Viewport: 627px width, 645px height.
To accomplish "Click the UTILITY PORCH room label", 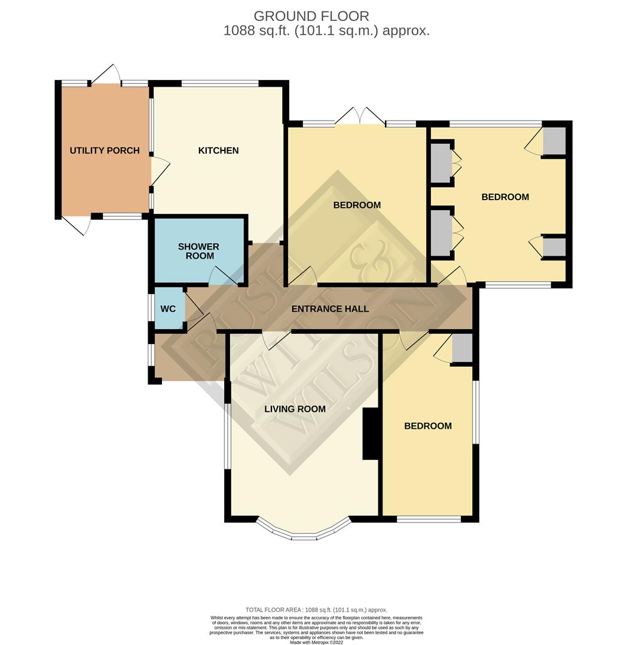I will [x=105, y=150].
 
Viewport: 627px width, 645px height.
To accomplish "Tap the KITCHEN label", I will [x=218, y=150].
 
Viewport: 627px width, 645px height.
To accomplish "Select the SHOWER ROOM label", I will [x=199, y=251].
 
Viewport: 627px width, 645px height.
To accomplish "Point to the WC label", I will [x=169, y=309].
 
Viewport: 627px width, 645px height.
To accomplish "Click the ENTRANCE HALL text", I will [x=330, y=309].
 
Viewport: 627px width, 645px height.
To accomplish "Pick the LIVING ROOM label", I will [x=295, y=409].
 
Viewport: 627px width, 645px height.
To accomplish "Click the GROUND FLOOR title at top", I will [x=311, y=16].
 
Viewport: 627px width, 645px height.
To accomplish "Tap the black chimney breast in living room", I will [x=371, y=434].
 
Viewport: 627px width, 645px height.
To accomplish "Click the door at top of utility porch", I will [x=105, y=75].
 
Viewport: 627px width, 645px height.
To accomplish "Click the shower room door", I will [x=222, y=276].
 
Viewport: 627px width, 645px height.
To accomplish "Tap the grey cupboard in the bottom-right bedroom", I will [x=462, y=348].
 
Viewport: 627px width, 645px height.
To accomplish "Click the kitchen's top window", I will [x=219, y=84].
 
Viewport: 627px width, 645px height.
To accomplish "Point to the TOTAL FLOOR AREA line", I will [x=317, y=610].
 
